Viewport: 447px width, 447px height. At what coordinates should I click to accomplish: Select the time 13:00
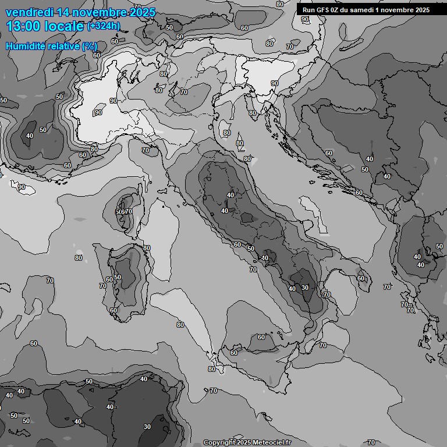[x=24, y=26]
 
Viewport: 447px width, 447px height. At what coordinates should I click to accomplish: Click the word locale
[x=65, y=26]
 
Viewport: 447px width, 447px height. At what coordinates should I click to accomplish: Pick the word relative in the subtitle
[x=64, y=46]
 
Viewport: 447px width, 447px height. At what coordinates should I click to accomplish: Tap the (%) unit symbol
[x=89, y=46]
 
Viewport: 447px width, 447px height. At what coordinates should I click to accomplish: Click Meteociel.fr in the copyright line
[x=268, y=443]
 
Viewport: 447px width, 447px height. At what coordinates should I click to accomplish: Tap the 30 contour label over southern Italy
[x=305, y=287]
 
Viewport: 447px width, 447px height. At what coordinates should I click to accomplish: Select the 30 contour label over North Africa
[x=147, y=427]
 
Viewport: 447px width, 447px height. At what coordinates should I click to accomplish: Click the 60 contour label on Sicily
[x=261, y=337]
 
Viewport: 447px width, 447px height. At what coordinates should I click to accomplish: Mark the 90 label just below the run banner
[x=305, y=19]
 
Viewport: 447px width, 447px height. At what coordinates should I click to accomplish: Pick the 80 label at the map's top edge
[x=280, y=4]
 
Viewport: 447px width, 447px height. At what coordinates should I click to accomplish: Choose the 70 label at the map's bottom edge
[x=371, y=443]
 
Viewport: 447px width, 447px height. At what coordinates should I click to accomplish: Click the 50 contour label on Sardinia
[x=118, y=277]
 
